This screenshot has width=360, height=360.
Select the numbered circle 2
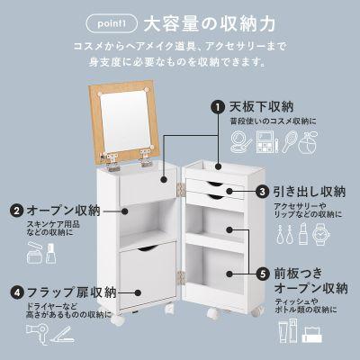tap(17, 211)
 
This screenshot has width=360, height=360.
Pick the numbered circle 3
tap(262, 192)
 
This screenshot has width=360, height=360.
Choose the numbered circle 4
tap(17, 292)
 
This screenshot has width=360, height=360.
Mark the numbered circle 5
tap(262, 271)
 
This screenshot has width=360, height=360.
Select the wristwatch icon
tap(323, 235)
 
